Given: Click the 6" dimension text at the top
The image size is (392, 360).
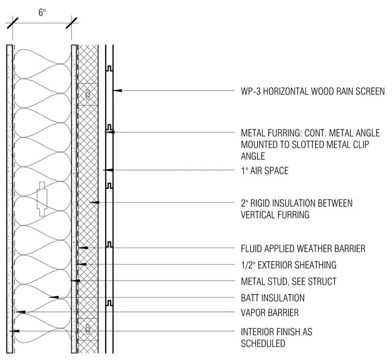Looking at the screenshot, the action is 42,12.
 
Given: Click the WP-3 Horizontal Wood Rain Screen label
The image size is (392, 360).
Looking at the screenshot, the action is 313,91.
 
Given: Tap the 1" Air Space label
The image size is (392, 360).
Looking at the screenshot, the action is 265,171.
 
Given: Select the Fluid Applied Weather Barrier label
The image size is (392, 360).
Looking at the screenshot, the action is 303,249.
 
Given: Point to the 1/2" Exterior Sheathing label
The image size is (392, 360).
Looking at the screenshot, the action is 288,265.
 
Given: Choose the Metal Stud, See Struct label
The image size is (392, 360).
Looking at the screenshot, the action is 288,282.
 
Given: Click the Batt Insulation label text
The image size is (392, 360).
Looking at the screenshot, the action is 273,298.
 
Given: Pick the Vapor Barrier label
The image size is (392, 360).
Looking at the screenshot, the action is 270,313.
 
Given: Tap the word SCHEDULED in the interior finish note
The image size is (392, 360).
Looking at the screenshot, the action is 263,343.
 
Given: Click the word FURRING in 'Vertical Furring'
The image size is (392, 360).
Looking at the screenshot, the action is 293,215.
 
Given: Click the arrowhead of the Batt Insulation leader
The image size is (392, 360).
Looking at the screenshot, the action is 54,297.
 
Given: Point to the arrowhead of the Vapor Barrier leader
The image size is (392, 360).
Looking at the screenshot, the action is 21,312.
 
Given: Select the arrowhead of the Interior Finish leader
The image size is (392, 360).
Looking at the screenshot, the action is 14,331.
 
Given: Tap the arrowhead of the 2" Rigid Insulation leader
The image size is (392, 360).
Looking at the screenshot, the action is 94,202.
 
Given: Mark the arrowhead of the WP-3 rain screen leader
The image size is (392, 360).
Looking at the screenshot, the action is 117,90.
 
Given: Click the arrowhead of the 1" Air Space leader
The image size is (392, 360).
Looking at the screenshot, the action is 108,170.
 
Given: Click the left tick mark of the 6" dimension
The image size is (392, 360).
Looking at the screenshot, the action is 12,23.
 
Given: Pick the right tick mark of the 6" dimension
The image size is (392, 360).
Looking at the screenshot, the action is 72,23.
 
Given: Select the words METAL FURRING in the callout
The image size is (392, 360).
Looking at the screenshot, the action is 271,133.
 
